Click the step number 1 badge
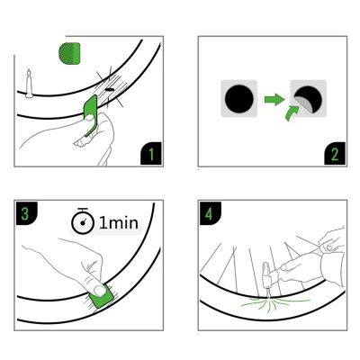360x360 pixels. tap(152, 156)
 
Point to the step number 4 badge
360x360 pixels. tap(208, 214)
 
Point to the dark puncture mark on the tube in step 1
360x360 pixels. tap(111, 90)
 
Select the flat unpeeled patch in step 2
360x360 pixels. tap(238, 99)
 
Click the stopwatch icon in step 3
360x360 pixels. tap(83, 221)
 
